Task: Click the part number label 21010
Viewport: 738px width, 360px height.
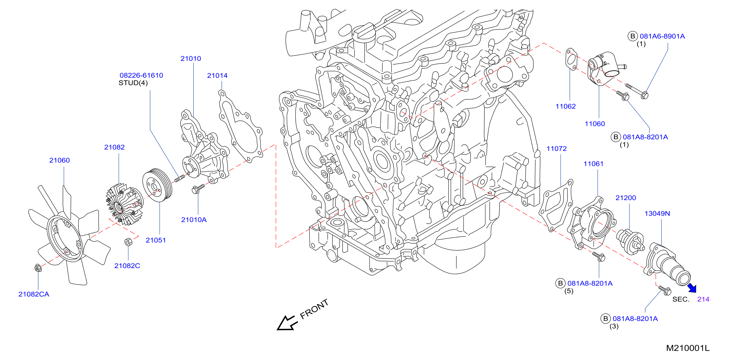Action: tap(191, 58)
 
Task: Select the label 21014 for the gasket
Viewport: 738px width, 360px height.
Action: tap(217, 76)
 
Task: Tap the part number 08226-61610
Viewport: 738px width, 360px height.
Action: tap(141, 75)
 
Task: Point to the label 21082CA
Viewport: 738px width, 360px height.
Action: tap(34, 294)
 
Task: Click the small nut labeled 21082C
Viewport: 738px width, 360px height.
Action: tap(128, 242)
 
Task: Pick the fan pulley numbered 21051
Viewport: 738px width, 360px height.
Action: tap(157, 185)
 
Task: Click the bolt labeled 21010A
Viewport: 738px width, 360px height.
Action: tap(198, 188)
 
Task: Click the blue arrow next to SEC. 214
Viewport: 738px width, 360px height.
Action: tap(692, 288)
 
